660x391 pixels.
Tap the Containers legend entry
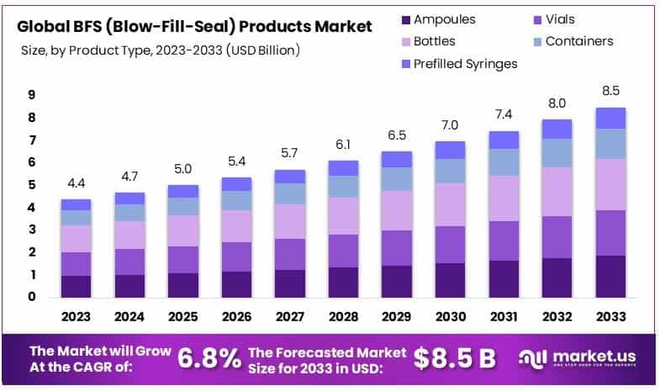[579, 40]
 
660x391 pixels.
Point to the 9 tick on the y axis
[31, 95]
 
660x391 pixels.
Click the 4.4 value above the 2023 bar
[76, 183]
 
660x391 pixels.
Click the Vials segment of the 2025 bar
[182, 259]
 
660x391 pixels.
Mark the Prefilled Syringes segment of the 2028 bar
[344, 167]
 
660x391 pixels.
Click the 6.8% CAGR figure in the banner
[209, 358]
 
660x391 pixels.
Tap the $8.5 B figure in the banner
[454, 358]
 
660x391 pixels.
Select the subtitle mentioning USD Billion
[161, 50]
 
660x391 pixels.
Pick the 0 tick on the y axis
[31, 297]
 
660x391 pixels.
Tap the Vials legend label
[560, 19]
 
